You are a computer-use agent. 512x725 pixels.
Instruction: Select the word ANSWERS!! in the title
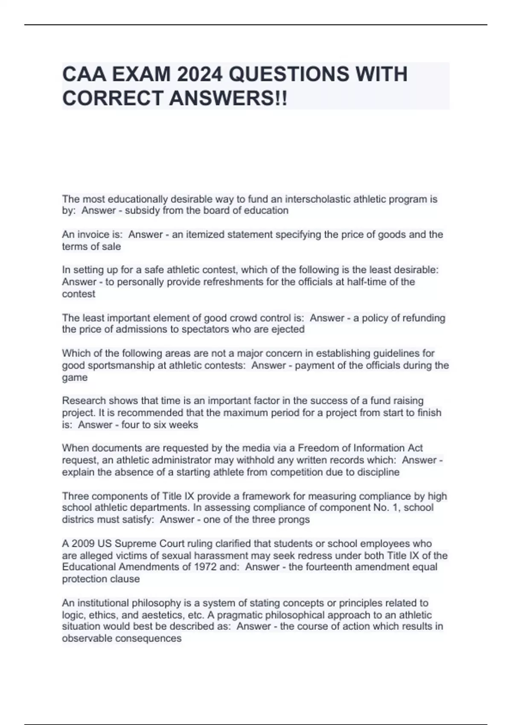click(x=228, y=99)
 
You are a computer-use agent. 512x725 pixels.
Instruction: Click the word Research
click(x=84, y=400)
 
